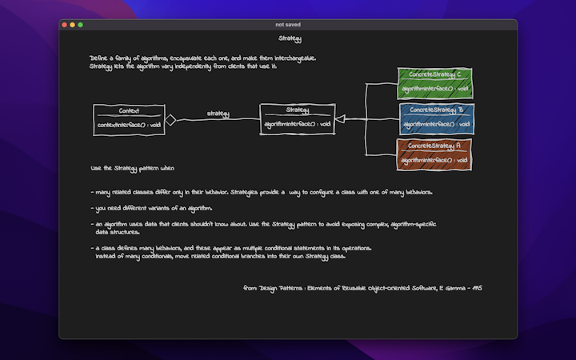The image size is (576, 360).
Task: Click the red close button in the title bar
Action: coord(64,25)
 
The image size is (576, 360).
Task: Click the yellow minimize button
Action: coord(72,25)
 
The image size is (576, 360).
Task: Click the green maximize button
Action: coord(80,25)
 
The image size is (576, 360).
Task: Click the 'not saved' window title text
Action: coord(288,25)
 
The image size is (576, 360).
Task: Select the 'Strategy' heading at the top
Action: coord(290,39)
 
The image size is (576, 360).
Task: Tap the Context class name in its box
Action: coord(129,111)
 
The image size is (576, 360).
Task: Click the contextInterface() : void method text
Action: coord(130,125)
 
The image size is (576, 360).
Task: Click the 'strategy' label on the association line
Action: coord(218,114)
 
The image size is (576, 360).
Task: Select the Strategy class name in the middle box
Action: coord(297,110)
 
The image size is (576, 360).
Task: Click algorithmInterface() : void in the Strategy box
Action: coord(298,124)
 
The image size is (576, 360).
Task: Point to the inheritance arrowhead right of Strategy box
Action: coord(340,119)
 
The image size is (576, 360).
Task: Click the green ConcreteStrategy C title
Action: coord(434,74)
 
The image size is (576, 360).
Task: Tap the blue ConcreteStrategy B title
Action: coord(436,110)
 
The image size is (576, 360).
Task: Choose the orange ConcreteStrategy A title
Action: coord(434,146)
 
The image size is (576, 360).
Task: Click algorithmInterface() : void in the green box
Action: coord(435,88)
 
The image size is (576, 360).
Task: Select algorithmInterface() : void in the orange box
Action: coord(434,160)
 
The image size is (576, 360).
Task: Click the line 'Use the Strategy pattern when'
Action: coord(132,169)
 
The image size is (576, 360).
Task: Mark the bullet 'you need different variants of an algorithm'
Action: coord(154,208)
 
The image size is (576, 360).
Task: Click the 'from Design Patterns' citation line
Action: coord(362,286)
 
